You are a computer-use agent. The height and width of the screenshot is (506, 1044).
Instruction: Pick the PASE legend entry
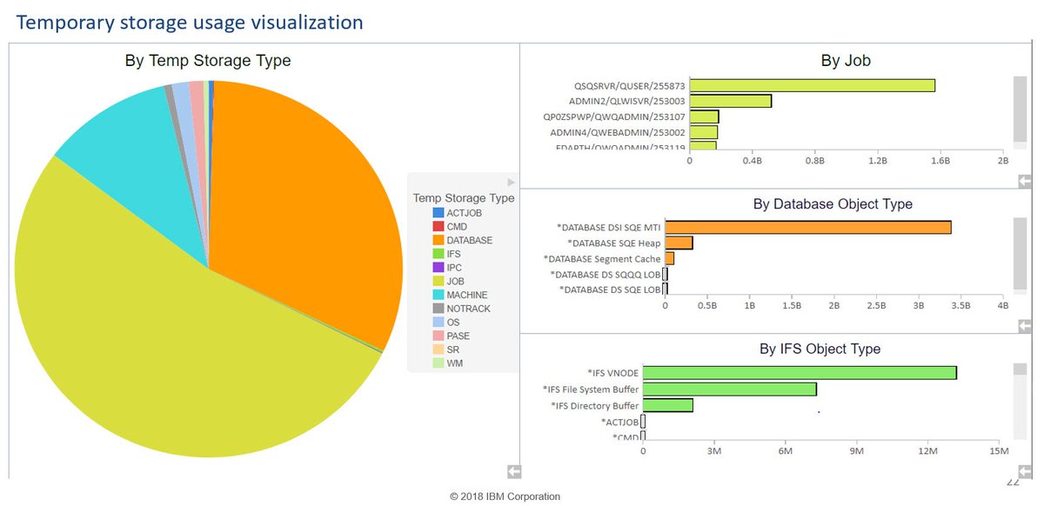[x=458, y=336]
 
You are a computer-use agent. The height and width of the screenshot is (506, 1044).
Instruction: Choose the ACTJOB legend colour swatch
[x=438, y=213]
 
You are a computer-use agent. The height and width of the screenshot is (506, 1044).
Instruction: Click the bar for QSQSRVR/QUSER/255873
[x=812, y=85]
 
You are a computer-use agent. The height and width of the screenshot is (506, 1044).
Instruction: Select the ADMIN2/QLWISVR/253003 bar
[x=730, y=101]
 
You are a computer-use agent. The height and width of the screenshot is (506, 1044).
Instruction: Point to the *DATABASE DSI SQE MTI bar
[x=807, y=227]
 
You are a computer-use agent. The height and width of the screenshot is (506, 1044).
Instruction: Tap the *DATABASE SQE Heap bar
[x=679, y=243]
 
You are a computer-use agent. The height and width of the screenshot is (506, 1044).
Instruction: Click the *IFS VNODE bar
[x=800, y=372]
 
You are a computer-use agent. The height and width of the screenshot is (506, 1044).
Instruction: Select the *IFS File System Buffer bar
[x=729, y=389]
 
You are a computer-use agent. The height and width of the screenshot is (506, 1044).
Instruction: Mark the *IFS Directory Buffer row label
[x=595, y=406]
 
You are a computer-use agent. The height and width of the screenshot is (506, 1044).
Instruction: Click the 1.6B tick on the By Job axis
[x=940, y=161]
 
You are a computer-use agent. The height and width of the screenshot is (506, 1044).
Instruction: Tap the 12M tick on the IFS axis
[x=927, y=450]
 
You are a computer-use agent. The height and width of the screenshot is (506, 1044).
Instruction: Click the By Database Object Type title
[x=832, y=204]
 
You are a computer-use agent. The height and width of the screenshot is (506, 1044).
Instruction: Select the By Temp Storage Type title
[x=208, y=61]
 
